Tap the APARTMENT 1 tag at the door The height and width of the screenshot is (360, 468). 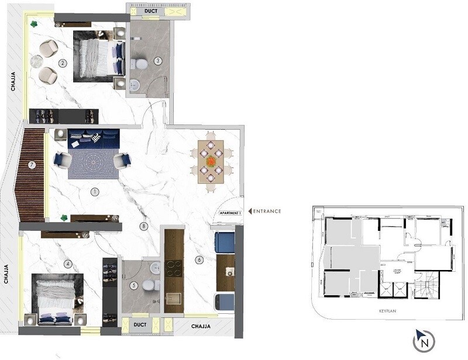[230, 213]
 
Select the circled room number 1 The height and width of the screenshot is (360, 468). [95, 191]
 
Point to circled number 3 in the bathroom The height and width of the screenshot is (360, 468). [158, 60]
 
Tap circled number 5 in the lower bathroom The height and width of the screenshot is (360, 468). [134, 286]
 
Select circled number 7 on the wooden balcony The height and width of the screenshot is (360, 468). [32, 165]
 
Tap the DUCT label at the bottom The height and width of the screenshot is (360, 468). [139, 324]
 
